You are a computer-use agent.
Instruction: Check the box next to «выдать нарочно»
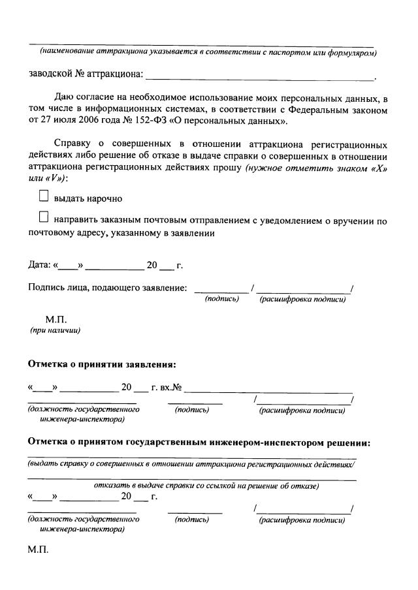point(44,195)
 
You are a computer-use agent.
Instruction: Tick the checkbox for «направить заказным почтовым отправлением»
point(44,217)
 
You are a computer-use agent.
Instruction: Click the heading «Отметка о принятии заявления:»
point(102,364)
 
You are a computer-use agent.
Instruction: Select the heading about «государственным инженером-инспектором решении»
point(199,442)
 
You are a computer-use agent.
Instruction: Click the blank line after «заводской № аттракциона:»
point(261,77)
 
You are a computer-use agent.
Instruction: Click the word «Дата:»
point(39,265)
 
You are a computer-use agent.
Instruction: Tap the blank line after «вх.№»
point(268,389)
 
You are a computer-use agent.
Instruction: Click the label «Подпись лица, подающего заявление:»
point(108,287)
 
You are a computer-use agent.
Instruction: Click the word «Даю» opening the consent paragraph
point(65,98)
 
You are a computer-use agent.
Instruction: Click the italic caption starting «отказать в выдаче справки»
point(206,486)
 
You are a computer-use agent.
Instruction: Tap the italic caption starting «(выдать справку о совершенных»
point(191,464)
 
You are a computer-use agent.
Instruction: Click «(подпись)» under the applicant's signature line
point(221,299)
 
